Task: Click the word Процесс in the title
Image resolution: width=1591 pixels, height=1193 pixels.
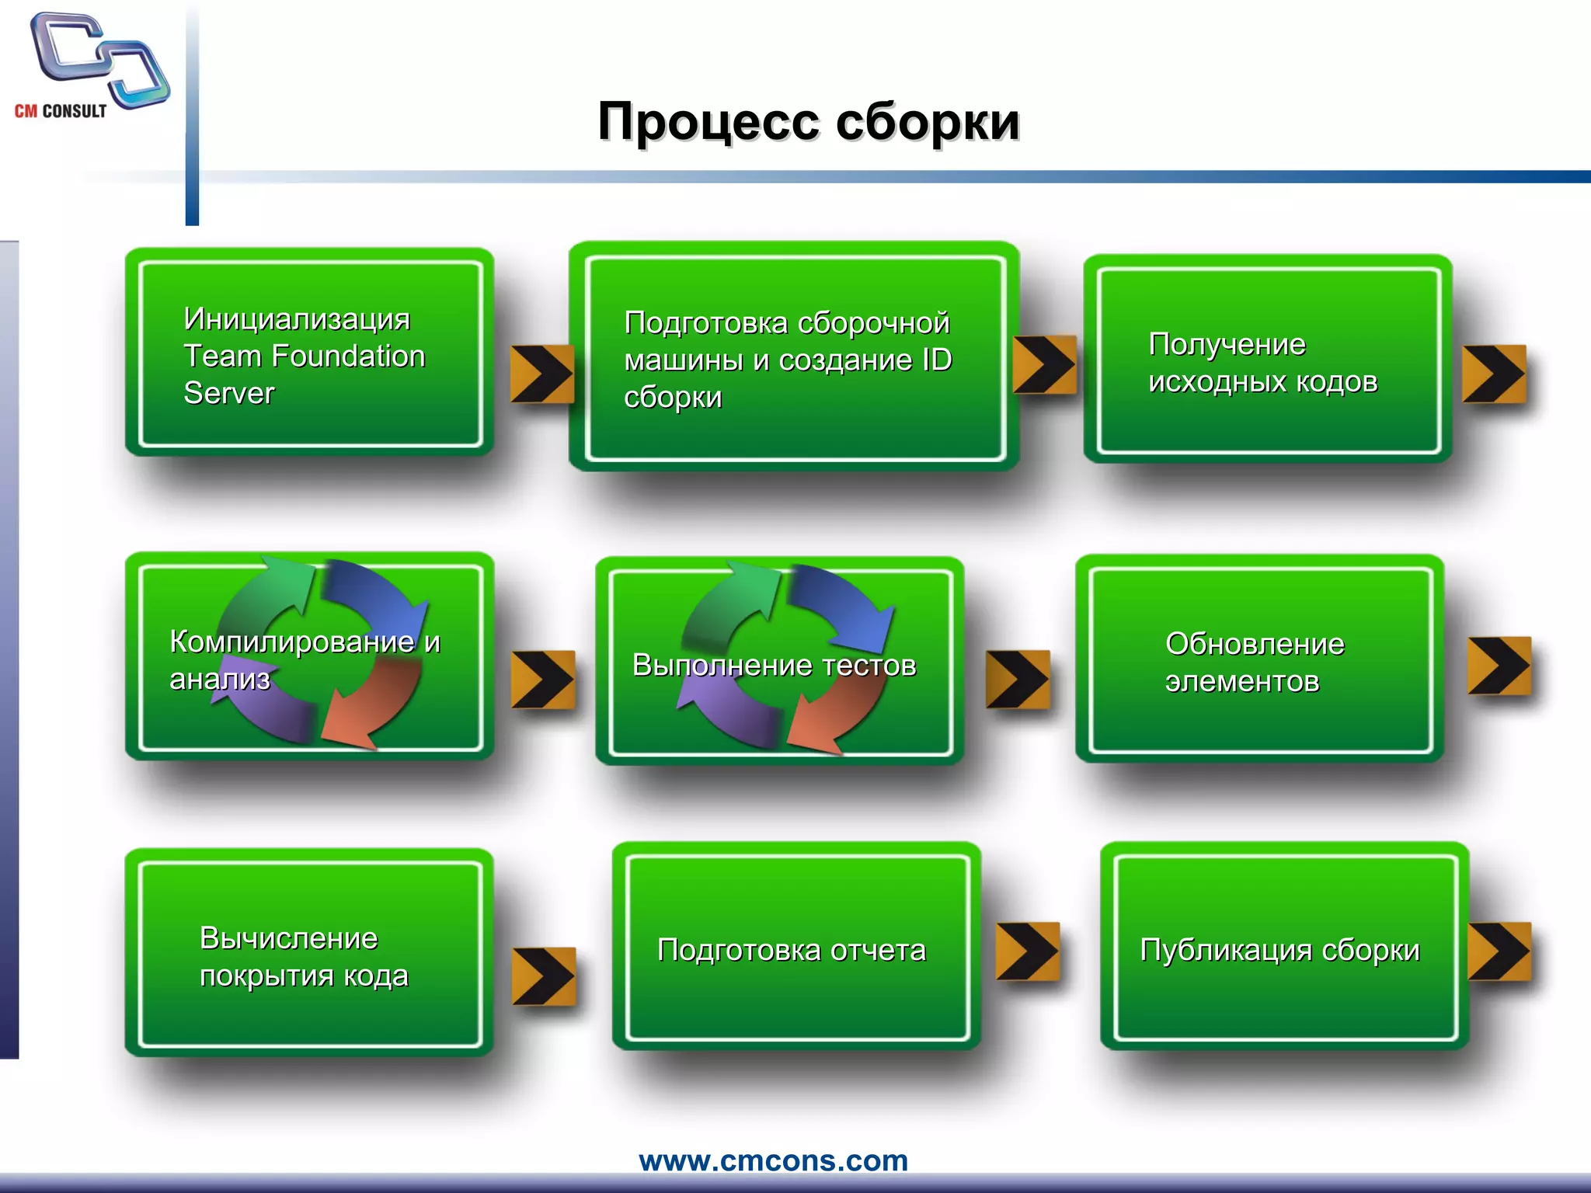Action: (708, 123)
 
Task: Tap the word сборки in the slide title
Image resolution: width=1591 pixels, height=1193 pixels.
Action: (928, 123)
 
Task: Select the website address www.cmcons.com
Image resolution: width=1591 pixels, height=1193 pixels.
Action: (773, 1160)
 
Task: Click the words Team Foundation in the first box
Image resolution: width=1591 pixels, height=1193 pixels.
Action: (305, 357)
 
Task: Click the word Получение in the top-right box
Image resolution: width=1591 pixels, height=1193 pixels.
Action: (1227, 345)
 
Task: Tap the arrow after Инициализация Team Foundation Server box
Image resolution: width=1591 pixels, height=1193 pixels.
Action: (541, 374)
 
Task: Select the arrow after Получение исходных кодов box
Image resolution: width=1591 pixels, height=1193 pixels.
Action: (1493, 374)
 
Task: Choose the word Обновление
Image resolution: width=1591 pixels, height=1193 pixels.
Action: (1255, 645)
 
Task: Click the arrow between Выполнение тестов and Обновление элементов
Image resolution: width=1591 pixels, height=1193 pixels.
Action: (1017, 680)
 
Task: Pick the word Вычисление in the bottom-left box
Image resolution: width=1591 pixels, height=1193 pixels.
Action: (288, 939)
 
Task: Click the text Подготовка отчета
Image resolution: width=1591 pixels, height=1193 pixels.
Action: (791, 951)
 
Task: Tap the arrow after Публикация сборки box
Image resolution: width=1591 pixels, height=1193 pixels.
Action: (1499, 951)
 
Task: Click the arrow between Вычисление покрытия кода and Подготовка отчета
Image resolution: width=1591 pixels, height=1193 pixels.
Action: (543, 976)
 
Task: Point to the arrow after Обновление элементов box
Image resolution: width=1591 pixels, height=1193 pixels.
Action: (1499, 666)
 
